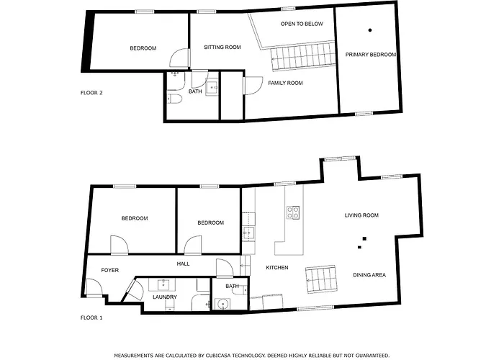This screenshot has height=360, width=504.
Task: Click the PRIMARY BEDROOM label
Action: tap(370, 55)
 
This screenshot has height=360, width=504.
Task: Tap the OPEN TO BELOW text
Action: tap(302, 24)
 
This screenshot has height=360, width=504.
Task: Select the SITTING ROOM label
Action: tap(222, 48)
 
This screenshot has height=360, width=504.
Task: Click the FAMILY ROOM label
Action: tap(285, 83)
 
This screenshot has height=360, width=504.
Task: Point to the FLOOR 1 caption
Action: tap(91, 318)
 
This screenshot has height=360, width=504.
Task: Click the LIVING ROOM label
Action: tap(361, 215)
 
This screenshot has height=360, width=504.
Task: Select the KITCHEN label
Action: tap(276, 268)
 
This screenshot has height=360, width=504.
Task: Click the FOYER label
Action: tap(109, 271)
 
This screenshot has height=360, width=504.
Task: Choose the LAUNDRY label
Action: tap(164, 297)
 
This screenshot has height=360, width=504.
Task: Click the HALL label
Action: tap(183, 264)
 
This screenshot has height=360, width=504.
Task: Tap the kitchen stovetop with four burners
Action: tap(294, 212)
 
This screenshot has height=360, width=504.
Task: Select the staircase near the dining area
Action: tap(322, 279)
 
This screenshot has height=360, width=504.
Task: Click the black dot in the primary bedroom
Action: tap(370, 30)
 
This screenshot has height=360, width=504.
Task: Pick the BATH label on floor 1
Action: tap(232, 287)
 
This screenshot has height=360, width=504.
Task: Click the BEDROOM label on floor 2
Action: tap(143, 48)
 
